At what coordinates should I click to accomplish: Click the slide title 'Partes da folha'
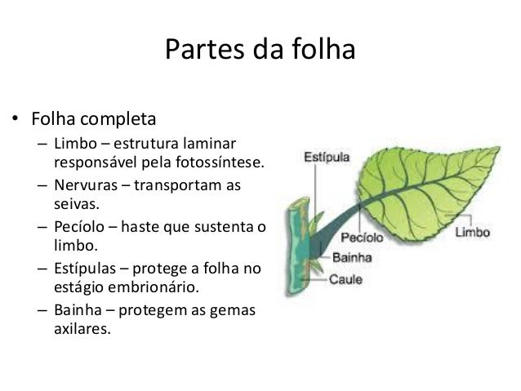point(260,50)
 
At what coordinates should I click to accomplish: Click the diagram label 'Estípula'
point(328,154)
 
